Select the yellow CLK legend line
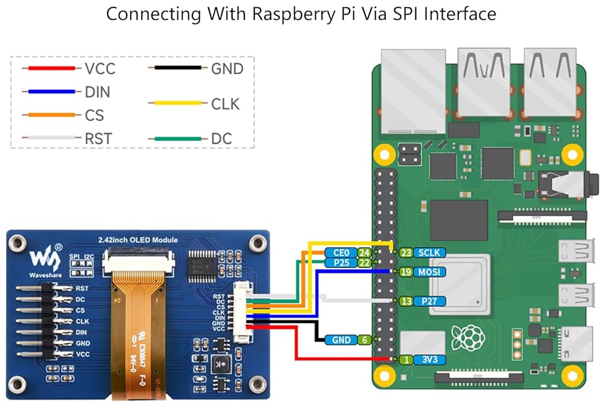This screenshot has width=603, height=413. click(x=178, y=103)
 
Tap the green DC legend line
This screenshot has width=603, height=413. click(x=178, y=138)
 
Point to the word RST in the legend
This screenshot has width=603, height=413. click(x=98, y=139)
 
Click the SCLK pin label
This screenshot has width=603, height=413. click(x=431, y=252)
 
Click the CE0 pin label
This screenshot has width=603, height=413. click(x=341, y=252)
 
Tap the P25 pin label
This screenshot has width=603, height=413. click(x=341, y=263)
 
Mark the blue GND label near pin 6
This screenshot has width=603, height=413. click(x=341, y=340)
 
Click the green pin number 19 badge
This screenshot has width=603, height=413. click(x=406, y=272)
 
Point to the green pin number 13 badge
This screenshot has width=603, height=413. click(x=406, y=301)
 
